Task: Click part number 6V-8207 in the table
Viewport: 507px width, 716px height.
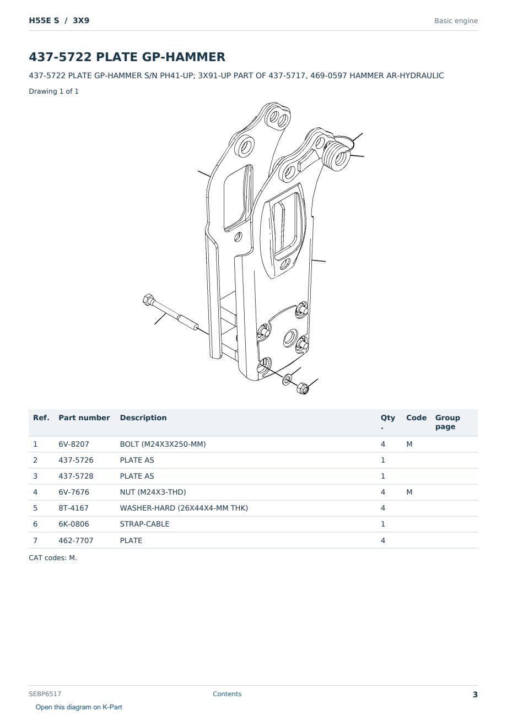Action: (x=74, y=444)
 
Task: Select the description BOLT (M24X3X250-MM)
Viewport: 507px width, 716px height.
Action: (x=163, y=444)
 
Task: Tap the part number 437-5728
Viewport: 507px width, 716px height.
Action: (x=76, y=476)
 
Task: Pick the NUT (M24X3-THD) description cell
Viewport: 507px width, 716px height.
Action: (x=153, y=492)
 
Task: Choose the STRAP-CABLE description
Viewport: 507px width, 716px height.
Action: (x=144, y=524)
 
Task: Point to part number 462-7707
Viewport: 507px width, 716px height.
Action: (x=76, y=540)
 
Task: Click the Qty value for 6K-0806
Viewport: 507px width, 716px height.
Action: (x=383, y=524)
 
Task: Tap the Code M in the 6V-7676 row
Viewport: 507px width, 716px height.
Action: (x=409, y=492)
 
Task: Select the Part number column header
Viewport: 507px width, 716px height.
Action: (x=84, y=418)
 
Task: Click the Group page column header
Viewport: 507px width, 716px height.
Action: (x=447, y=422)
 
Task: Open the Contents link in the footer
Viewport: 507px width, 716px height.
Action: (x=227, y=694)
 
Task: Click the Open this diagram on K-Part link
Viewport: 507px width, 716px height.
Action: (x=79, y=707)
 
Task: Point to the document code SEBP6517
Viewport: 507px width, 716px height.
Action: (x=45, y=694)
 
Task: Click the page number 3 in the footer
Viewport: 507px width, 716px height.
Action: (x=475, y=695)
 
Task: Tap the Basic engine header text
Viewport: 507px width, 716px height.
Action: (x=456, y=21)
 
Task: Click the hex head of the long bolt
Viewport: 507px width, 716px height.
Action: (x=148, y=300)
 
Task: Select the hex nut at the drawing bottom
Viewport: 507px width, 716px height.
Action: (x=303, y=388)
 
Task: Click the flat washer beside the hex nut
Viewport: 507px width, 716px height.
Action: (x=287, y=379)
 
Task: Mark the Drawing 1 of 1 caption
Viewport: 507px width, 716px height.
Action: (x=54, y=91)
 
